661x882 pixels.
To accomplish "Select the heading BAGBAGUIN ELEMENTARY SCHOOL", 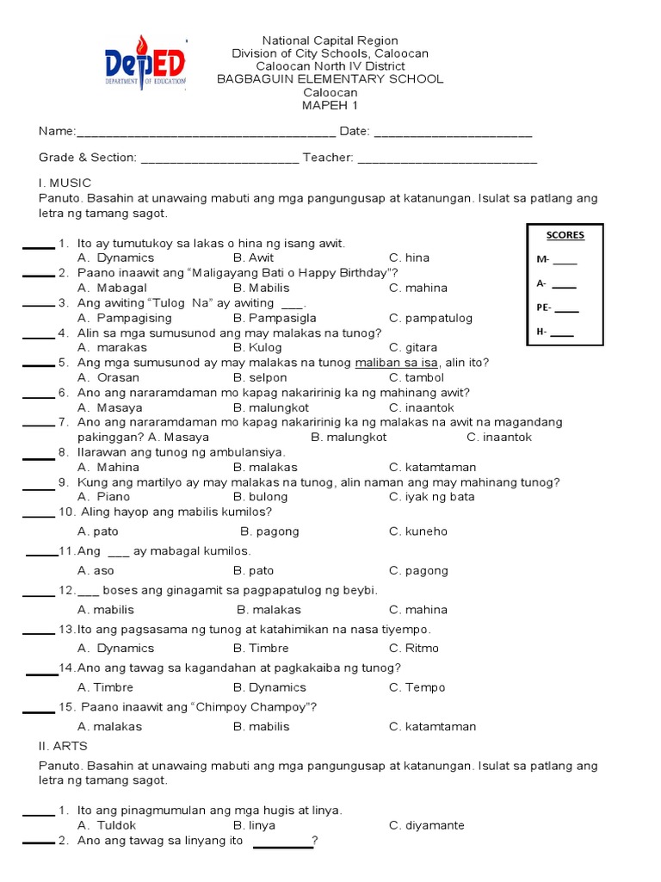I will pos(330,79).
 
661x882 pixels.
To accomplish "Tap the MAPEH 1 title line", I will pos(330,105).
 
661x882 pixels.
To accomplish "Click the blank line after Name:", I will pos(206,133).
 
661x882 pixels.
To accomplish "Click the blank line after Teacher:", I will pos(447,158).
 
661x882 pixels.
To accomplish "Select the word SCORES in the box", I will pos(565,235).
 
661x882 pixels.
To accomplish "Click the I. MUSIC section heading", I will pos(65,183).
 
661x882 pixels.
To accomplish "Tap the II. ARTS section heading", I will pos(63,746).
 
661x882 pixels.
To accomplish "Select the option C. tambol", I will pos(417,377).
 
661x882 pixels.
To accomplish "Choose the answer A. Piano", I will pos(103,497).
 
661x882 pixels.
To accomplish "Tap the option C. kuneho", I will pos(418,531).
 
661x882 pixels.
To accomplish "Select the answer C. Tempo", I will pos(417,687).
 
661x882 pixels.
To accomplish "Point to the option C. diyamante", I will pos(426,825).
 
